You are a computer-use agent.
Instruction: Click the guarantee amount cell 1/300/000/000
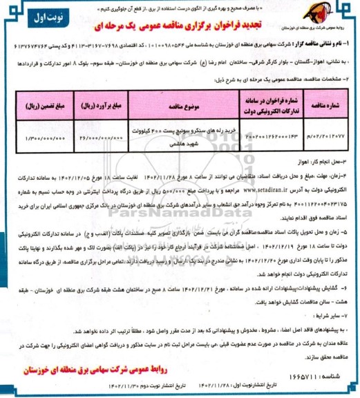38,139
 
